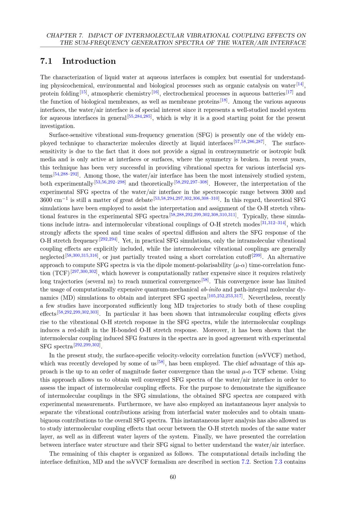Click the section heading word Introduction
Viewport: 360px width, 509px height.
point(89,61)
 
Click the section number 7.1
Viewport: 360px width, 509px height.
point(46,61)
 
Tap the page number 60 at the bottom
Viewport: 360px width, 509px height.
point(173,477)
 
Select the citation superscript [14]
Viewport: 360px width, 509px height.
point(300,84)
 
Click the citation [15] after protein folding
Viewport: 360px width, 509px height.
point(83,92)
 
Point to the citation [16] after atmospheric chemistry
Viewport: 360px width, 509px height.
point(155,92)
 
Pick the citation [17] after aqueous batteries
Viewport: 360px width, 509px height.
point(289,92)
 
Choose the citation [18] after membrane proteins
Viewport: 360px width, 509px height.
point(224,100)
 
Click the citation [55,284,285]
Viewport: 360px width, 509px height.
point(140,117)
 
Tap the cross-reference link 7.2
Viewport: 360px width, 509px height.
point(246,462)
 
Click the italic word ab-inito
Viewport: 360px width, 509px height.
point(211,289)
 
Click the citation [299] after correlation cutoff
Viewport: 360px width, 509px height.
point(257,256)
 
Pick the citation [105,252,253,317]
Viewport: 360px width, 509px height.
point(225,296)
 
